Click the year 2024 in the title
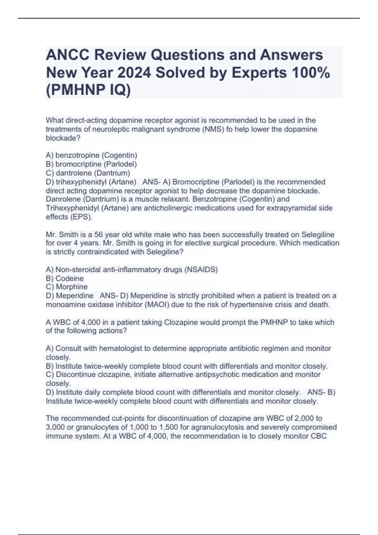[134, 73]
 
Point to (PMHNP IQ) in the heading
[88, 90]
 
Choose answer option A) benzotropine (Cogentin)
[91, 155]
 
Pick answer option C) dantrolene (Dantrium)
[88, 173]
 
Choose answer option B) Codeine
[65, 278]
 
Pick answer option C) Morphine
[67, 287]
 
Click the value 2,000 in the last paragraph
[305, 418]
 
